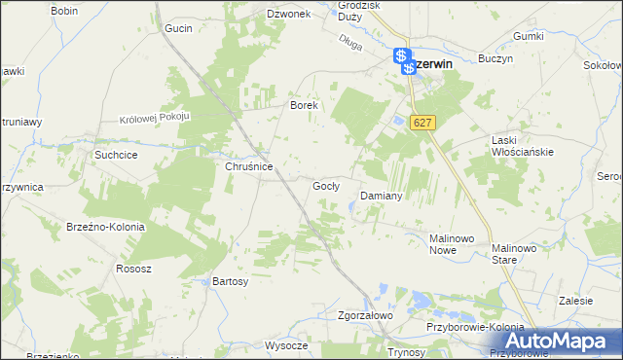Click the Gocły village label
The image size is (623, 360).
click(325, 186)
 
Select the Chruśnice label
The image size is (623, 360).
click(248, 166)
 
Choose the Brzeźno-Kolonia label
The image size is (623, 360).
click(106, 227)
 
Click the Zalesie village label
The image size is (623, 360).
click(576, 301)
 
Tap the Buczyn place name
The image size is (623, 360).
click(495, 58)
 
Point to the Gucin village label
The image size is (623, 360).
click(179, 29)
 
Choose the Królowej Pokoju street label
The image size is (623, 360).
click(153, 118)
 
